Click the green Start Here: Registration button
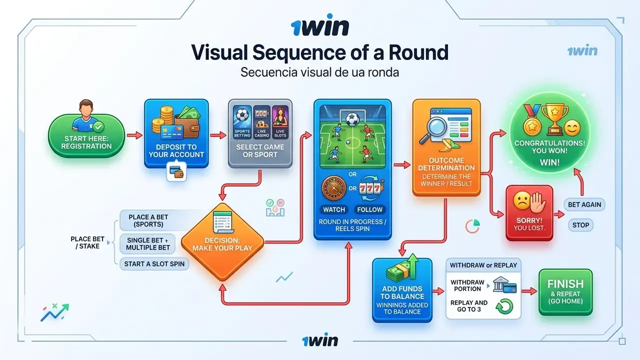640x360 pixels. (86, 135)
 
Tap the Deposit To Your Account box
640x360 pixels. (176, 133)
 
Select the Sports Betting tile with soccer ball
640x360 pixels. (242, 122)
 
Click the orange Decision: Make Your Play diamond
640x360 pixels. (222, 241)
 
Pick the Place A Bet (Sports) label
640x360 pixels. (148, 220)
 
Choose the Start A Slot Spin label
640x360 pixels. (154, 264)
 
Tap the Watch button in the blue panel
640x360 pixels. (334, 209)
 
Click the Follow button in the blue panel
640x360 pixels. (369, 209)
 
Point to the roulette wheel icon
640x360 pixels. (333, 188)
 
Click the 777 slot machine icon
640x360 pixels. (370, 188)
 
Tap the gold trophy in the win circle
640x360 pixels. (555, 119)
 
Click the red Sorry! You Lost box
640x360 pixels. (529, 213)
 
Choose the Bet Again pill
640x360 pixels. (584, 204)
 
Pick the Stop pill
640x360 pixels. (580, 225)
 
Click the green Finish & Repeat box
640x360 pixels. (565, 292)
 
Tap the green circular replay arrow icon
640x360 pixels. (504, 306)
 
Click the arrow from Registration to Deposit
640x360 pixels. (134, 135)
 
